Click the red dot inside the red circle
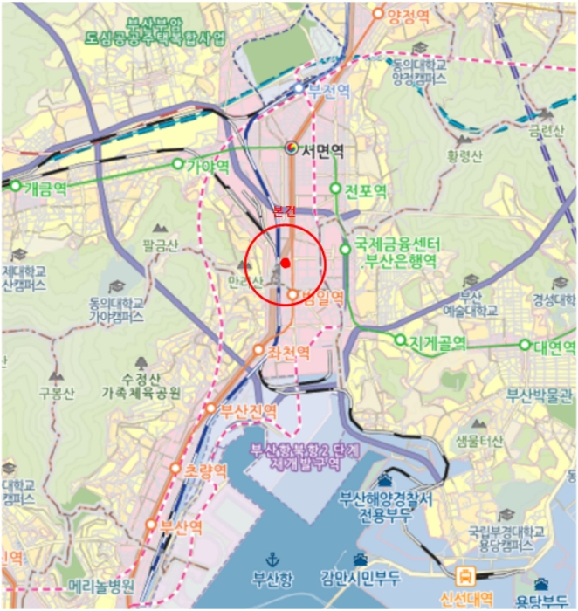point(285,262)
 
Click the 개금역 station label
point(45,187)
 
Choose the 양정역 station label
point(408,15)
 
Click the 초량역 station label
point(206,469)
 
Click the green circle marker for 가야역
point(178,164)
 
